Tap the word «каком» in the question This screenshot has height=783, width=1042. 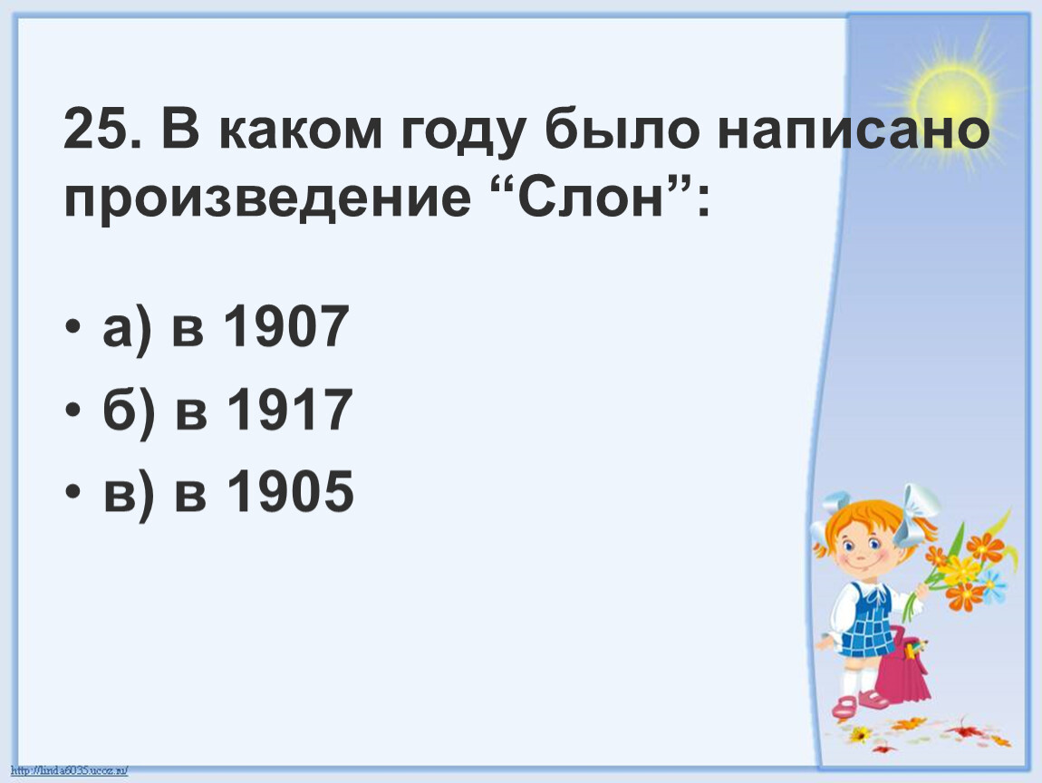(301, 130)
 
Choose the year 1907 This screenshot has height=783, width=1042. (286, 326)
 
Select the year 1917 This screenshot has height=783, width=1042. (289, 410)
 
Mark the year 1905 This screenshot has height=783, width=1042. (291, 491)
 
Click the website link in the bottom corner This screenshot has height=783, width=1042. (70, 770)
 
